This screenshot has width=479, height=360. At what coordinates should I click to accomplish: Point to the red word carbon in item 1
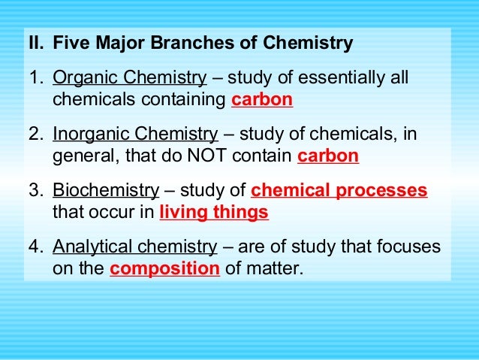[x=263, y=99]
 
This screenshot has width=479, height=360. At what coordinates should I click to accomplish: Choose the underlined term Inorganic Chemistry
[x=135, y=135]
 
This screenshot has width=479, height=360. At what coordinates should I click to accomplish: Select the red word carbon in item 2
[x=328, y=156]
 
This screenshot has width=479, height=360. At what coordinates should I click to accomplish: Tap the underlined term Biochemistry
[x=106, y=191]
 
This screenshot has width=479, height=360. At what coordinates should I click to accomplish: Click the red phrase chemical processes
[x=339, y=191]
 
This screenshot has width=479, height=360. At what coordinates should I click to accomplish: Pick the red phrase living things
[x=214, y=212]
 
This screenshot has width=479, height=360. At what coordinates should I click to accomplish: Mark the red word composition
[x=165, y=268]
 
